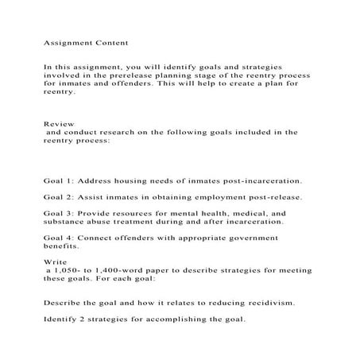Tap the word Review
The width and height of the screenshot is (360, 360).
coord(59,124)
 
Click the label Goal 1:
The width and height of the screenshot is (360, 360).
coord(60,181)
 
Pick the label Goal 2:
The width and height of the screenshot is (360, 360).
coord(60,197)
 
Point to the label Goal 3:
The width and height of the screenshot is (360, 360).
coord(60,214)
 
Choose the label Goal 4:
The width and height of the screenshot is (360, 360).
coord(60,238)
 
